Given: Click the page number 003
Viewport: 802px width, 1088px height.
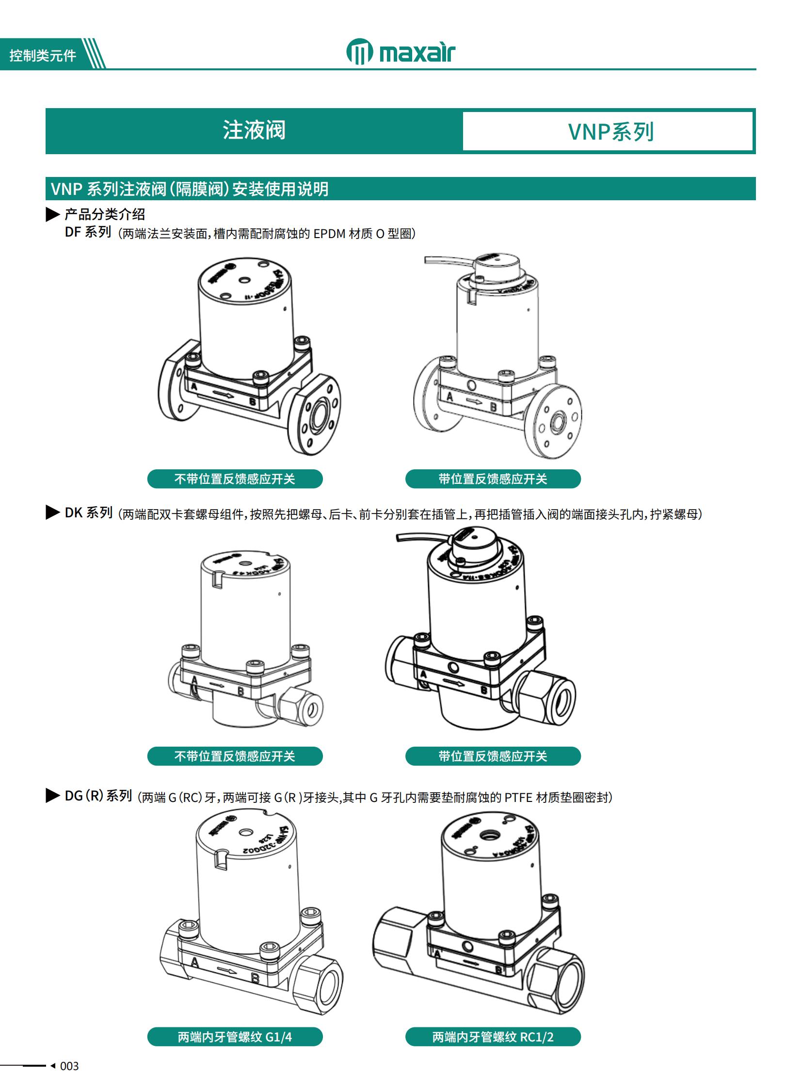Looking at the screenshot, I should (69, 1066).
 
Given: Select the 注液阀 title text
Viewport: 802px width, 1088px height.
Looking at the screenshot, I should (254, 130).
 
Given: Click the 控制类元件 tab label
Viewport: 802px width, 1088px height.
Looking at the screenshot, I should (43, 56).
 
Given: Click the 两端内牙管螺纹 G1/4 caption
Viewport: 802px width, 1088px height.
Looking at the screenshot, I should (235, 1037).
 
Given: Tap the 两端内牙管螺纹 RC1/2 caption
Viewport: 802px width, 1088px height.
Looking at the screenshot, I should (493, 1037).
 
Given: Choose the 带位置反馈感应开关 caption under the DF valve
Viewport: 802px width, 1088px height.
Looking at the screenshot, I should (493, 479).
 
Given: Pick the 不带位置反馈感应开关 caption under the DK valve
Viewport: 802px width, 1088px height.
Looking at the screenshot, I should (235, 756).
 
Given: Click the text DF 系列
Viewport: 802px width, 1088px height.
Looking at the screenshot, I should (88, 232).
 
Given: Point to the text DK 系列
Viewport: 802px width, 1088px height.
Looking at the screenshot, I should (88, 512).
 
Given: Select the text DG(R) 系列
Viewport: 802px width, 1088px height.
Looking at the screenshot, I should (98, 796).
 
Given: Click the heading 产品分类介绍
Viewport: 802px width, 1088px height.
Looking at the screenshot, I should (105, 214).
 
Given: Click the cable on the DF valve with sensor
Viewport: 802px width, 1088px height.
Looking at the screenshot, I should (447, 261).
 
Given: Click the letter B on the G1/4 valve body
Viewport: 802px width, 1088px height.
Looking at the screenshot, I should (256, 978).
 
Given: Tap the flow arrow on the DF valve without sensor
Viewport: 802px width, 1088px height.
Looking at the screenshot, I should (224, 394).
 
